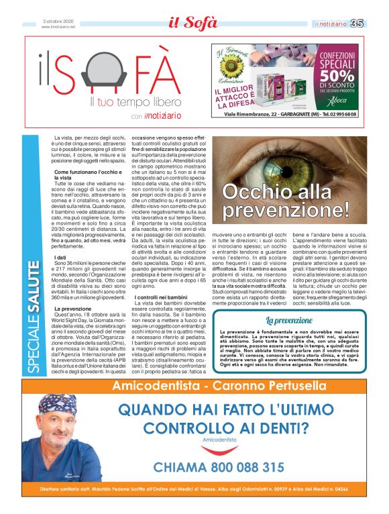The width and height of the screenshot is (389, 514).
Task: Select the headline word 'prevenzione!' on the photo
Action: coord(284,210)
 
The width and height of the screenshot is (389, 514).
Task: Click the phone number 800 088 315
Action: coord(219,467)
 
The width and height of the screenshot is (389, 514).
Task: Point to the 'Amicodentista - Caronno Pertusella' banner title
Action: coord(218,385)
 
